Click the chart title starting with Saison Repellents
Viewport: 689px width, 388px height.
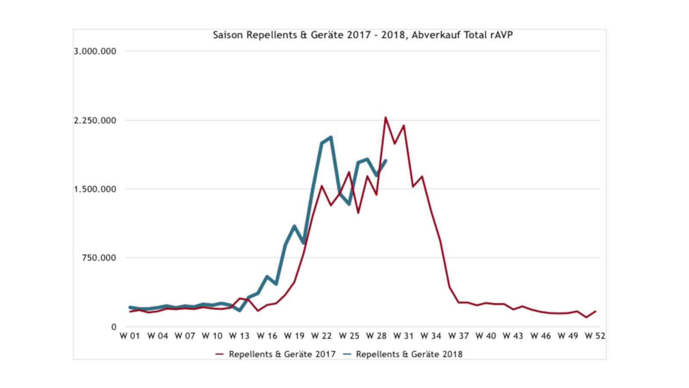tap(363, 35)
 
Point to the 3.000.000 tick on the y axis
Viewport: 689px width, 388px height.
tap(95, 51)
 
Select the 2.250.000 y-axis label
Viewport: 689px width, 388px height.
tap(95, 120)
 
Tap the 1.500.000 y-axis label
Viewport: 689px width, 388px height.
tap(95, 189)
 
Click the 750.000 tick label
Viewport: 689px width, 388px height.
tap(99, 258)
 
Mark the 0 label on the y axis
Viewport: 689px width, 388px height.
tap(114, 327)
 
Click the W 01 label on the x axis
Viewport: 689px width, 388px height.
tap(130, 336)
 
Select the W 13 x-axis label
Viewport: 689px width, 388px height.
tap(239, 336)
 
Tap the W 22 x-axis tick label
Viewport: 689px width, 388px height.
tap(321, 336)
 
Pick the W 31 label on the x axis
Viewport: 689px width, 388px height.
tap(403, 336)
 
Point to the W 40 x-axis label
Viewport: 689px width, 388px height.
tap(485, 336)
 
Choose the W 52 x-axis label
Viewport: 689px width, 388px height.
tap(595, 336)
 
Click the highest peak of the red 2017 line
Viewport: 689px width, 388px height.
tap(385, 117)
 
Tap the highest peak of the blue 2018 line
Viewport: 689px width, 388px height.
tap(331, 137)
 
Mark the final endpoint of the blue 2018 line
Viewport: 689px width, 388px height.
tap(386, 161)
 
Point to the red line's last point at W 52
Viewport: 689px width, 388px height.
tap(595, 311)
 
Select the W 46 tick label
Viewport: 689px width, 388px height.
tap(540, 336)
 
